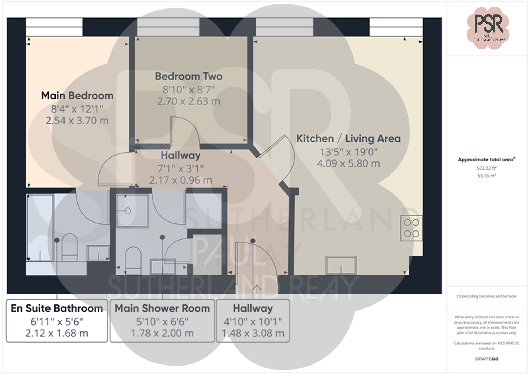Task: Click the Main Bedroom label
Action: [77, 96]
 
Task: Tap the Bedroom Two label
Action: [189, 76]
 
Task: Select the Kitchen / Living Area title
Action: [348, 138]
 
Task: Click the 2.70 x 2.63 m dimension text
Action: [189, 101]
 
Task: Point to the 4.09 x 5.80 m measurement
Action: [348, 163]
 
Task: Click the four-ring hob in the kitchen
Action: [412, 228]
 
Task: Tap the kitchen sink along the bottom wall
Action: [341, 265]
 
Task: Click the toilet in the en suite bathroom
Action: [69, 247]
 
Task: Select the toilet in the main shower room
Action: [133, 260]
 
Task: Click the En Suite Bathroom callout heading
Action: [57, 308]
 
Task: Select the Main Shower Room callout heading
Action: [162, 308]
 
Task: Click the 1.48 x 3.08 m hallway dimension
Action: [253, 333]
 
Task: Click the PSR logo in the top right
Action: [488, 28]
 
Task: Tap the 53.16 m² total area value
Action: [486, 176]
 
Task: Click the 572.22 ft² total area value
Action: [486, 168]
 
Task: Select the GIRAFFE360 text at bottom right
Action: [486, 359]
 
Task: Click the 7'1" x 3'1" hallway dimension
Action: [181, 168]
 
